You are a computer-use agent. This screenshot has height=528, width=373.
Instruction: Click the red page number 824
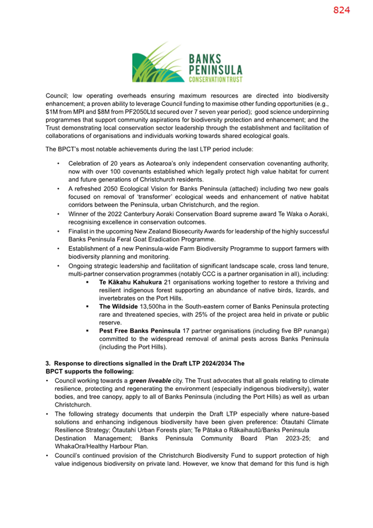[342, 11]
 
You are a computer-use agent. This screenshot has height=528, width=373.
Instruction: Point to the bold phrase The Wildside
[119, 305]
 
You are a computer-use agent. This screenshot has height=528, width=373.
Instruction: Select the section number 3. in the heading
[48, 363]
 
